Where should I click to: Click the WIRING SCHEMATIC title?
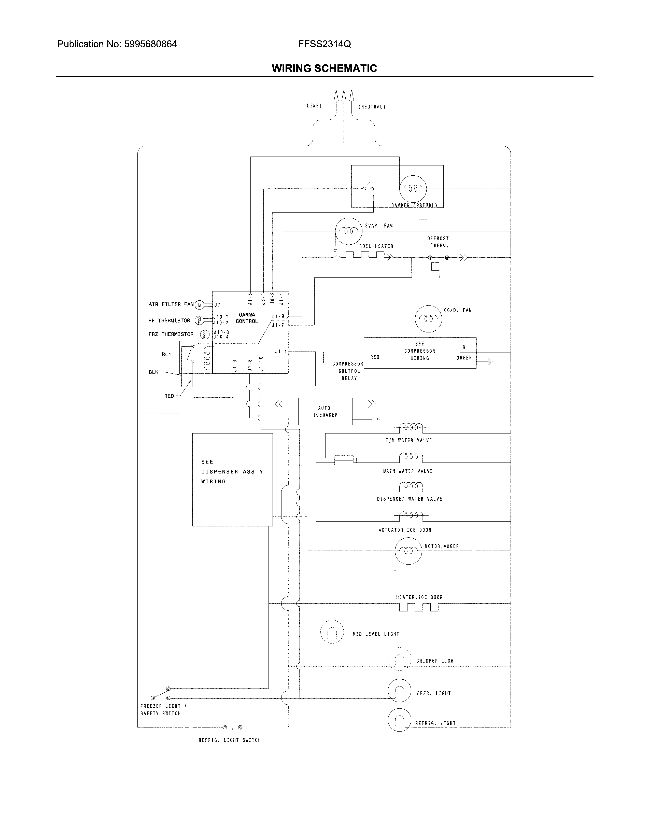pyautogui.click(x=324, y=68)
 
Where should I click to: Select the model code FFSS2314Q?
pyautogui.click(x=324, y=44)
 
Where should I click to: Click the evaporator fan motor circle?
pyautogui.click(x=348, y=231)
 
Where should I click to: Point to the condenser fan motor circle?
pyautogui.click(x=428, y=318)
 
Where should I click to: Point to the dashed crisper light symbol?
pyautogui.click(x=400, y=659)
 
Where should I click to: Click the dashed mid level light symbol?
pyautogui.click(x=332, y=632)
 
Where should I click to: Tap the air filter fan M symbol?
pyautogui.click(x=199, y=305)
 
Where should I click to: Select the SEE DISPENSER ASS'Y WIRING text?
pyautogui.click(x=232, y=471)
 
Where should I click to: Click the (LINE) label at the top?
pyautogui.click(x=313, y=106)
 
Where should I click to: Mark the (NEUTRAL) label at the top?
pyautogui.click(x=372, y=107)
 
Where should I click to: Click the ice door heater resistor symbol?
pyautogui.click(x=419, y=607)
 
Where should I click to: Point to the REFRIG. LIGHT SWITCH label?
pyautogui.click(x=230, y=740)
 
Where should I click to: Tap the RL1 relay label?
pyautogui.click(x=166, y=354)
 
